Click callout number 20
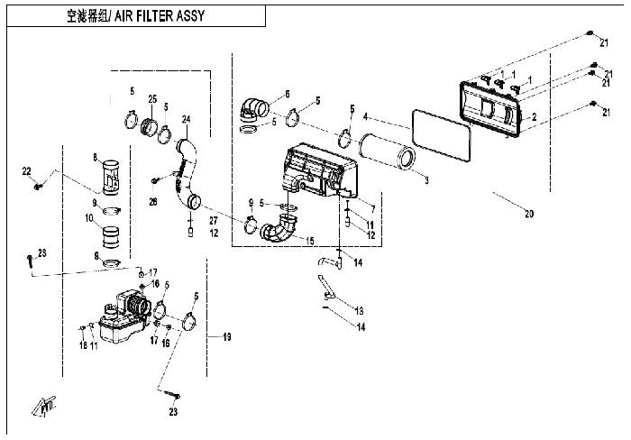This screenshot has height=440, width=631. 529,214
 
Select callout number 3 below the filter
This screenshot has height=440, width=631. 426,179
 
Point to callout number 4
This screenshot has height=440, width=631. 365,116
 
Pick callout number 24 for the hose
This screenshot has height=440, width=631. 187,118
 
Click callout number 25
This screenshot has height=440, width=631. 152,97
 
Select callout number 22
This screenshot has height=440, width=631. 26,170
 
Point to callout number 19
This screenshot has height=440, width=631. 227,336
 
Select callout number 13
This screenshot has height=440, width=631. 359,307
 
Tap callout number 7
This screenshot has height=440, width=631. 371,208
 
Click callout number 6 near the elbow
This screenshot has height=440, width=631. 287,94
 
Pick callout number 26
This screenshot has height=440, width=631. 153,201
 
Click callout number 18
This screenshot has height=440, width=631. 82,345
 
